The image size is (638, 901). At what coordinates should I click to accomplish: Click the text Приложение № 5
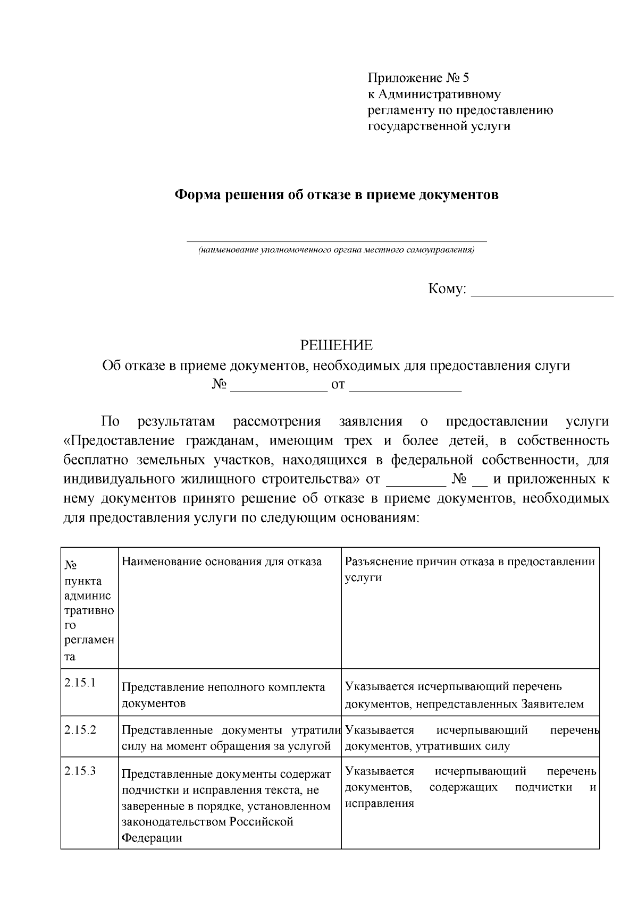coord(419,79)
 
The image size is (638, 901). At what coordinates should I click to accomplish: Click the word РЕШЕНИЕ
coord(337,346)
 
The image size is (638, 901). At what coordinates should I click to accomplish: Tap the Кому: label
coord(447,290)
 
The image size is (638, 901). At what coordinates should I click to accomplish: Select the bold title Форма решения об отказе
coord(337,195)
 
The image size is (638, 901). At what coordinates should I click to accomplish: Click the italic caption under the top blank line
coord(337,250)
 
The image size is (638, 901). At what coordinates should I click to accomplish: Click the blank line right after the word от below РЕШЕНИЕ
coord(405,387)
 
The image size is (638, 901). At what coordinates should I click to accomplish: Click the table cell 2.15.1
coord(80,683)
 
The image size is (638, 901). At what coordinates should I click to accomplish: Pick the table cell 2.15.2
coord(80,729)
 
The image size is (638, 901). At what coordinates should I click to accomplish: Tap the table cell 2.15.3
coord(80,771)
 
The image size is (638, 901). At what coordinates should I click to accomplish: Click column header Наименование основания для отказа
coord(222,562)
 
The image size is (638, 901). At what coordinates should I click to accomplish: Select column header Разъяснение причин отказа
coord(469,562)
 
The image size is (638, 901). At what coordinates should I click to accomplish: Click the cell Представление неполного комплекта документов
coord(223,695)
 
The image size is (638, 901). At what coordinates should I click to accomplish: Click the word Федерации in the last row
coord(152,838)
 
